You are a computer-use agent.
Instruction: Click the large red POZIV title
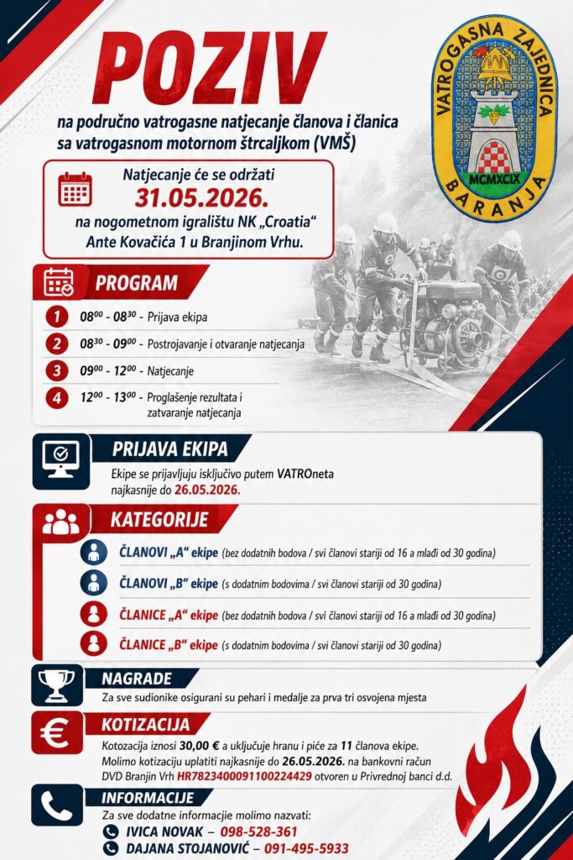pyautogui.click(x=210, y=67)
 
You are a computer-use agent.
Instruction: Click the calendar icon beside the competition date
pyautogui.click(x=75, y=189)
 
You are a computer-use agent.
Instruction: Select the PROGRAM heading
pyautogui.click(x=137, y=283)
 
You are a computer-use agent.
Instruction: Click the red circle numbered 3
pyautogui.click(x=56, y=370)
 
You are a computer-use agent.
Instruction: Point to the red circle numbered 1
pyautogui.click(x=56, y=317)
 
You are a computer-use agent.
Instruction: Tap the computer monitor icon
pyautogui.click(x=60, y=461)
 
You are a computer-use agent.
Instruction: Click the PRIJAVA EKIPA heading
pyautogui.click(x=169, y=448)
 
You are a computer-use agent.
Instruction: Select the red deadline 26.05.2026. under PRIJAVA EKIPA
pyautogui.click(x=207, y=490)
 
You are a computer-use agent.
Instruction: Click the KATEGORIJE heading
pyautogui.click(x=159, y=519)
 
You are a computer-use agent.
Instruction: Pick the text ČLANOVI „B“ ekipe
pyautogui.click(x=169, y=584)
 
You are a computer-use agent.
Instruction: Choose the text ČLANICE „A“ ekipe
pyautogui.click(x=169, y=615)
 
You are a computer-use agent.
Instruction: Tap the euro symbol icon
pyautogui.click(x=55, y=733)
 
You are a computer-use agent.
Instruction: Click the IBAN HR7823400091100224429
pyautogui.click(x=244, y=776)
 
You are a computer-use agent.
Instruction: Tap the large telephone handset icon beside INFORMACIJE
pyautogui.click(x=56, y=805)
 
